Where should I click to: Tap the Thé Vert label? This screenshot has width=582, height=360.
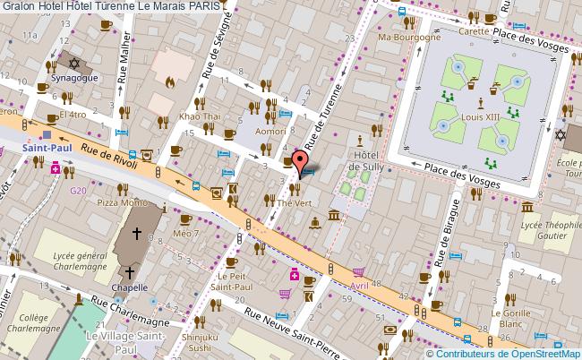[293, 203]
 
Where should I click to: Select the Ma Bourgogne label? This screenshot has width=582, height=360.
[409, 38]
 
